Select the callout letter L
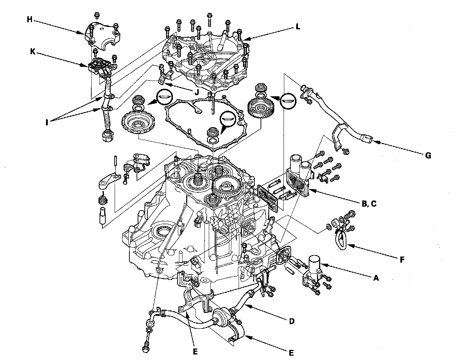(x=298, y=27)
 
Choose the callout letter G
(x=428, y=155)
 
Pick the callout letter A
(x=376, y=277)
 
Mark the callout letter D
(x=291, y=321)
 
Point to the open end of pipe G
(x=368, y=138)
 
